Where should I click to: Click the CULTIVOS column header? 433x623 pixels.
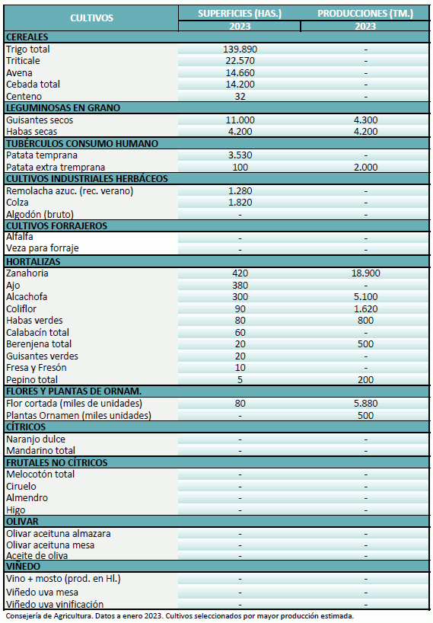pyautogui.click(x=91, y=18)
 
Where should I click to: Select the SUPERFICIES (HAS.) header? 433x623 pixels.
pyautogui.click(x=240, y=14)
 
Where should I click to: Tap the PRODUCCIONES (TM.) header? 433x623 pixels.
pyautogui.click(x=365, y=14)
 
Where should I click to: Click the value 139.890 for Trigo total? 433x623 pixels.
pyautogui.click(x=240, y=50)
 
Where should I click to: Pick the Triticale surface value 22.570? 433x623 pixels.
pyautogui.click(x=240, y=61)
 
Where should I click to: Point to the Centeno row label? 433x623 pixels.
pyautogui.click(x=24, y=97)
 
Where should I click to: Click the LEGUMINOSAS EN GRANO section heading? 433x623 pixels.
pyautogui.click(x=62, y=108)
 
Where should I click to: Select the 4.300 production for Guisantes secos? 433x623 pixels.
pyautogui.click(x=365, y=120)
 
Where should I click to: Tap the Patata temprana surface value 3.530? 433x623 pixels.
pyautogui.click(x=240, y=155)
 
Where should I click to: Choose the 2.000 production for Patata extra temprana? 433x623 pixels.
pyautogui.click(x=365, y=167)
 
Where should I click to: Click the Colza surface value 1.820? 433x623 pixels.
pyautogui.click(x=240, y=203)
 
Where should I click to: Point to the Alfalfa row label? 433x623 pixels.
pyautogui.click(x=20, y=237)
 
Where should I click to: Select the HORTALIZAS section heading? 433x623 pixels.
pyautogui.click(x=33, y=261)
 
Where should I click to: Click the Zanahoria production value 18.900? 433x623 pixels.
pyautogui.click(x=365, y=273)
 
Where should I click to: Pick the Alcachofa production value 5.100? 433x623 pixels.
pyautogui.click(x=365, y=297)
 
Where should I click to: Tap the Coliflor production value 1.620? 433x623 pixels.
pyautogui.click(x=365, y=308)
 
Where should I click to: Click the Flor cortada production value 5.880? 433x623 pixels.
pyautogui.click(x=365, y=403)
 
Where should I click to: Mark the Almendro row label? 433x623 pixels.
pyautogui.click(x=27, y=498)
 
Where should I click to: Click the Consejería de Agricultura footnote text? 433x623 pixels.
pyautogui.click(x=180, y=616)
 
